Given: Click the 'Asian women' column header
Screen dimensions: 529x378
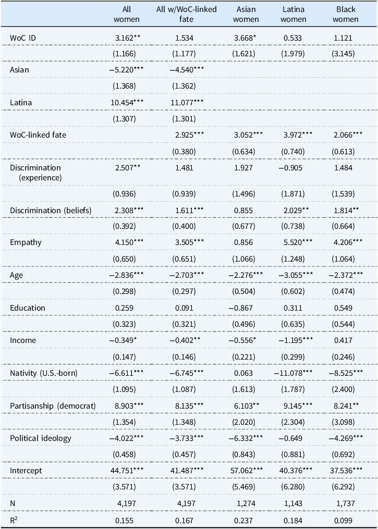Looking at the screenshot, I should [x=246, y=14].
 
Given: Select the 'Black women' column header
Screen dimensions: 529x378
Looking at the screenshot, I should [x=346, y=14].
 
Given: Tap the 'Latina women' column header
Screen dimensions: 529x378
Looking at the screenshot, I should [x=294, y=14].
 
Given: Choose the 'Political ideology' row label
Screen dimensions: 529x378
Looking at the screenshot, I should [x=41, y=438].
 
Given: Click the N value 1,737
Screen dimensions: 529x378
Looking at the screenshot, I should [x=345, y=504].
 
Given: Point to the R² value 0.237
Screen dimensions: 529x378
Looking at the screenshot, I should [x=245, y=520].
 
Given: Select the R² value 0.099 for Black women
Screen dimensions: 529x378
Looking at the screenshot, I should [x=345, y=520].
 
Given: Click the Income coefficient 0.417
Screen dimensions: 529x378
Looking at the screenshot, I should [x=345, y=340].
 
